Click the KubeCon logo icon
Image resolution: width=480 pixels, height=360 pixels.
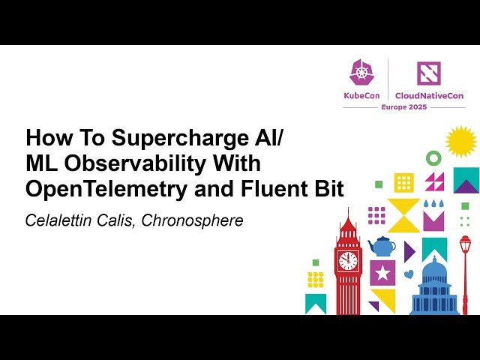361,73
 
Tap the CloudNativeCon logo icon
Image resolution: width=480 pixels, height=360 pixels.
428,73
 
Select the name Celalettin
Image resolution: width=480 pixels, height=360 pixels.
57,220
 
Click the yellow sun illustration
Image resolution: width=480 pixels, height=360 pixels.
460,142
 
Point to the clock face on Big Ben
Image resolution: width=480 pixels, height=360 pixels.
348,260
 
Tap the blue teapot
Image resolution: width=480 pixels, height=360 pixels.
382,245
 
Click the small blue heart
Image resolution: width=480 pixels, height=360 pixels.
408,274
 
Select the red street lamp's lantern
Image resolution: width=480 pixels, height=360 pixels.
465,244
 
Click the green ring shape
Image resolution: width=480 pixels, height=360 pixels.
433,157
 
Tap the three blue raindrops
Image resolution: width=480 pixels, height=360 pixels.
433,203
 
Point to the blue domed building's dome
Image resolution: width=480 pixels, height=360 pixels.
435,268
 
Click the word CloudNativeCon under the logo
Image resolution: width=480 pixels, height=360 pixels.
428,96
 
